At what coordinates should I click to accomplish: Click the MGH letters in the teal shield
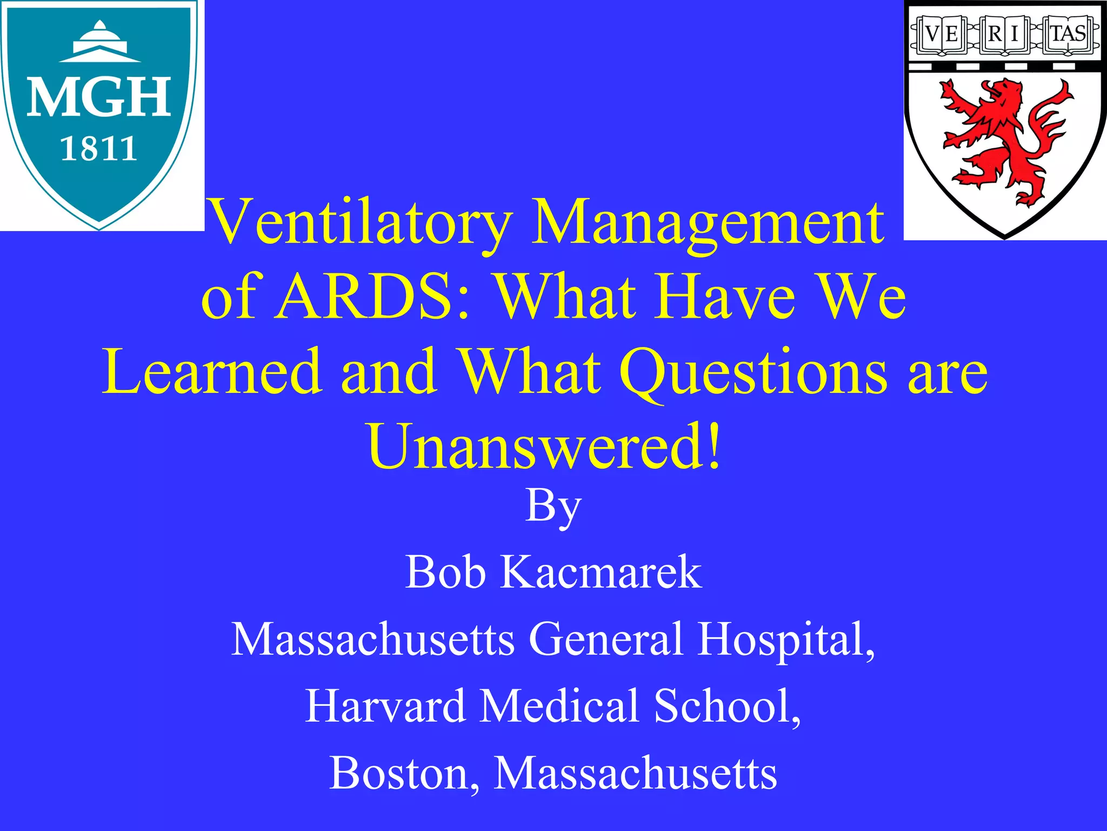(x=99, y=98)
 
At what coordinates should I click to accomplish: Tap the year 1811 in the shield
(x=98, y=149)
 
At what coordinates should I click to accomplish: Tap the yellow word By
(x=553, y=506)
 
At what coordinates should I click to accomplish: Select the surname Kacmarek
(x=601, y=572)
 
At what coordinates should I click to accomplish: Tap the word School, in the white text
(x=726, y=706)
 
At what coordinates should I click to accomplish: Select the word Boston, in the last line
(x=404, y=773)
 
